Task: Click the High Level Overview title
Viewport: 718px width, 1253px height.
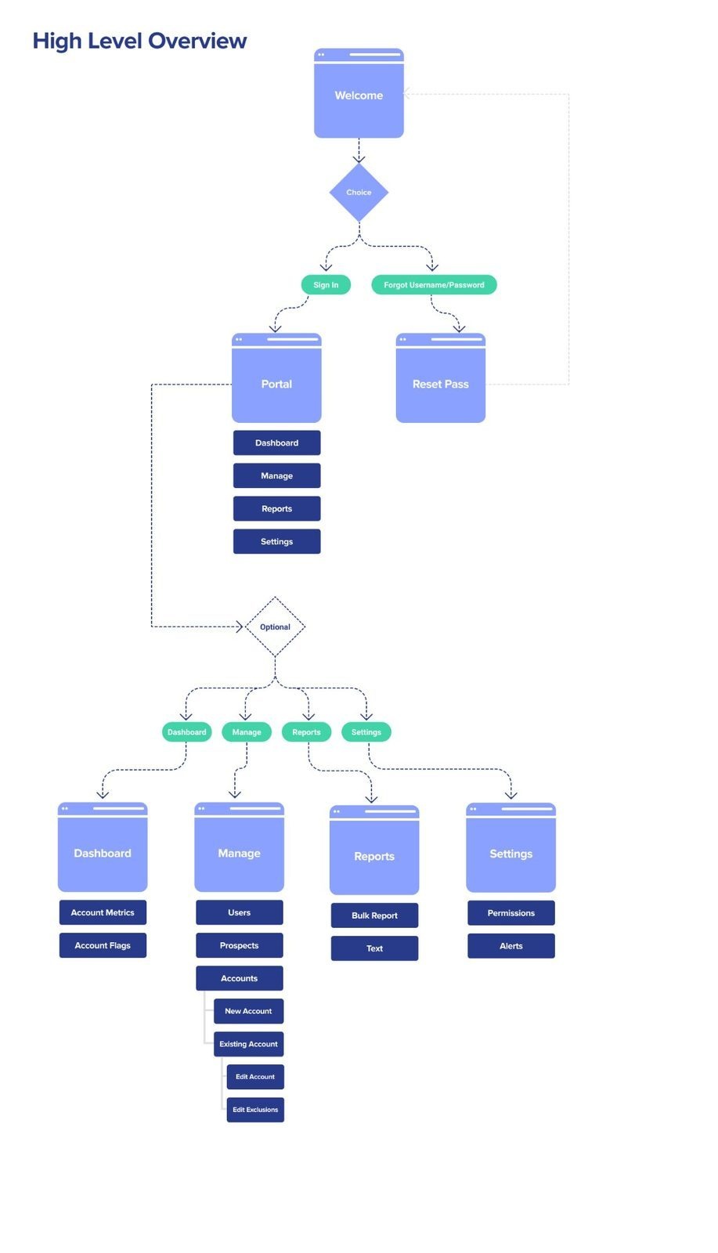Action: pos(139,41)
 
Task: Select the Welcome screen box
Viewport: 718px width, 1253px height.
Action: pos(359,96)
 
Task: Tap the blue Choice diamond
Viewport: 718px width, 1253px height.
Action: pos(359,193)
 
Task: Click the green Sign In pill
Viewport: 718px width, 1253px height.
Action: pos(326,285)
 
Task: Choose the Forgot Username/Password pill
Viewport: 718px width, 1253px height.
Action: pos(434,285)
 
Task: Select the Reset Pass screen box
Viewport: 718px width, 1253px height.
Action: pos(440,384)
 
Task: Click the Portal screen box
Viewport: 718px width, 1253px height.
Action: pos(276,384)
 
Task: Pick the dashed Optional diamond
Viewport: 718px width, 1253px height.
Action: pos(275,627)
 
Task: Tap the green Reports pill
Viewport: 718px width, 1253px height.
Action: pos(306,732)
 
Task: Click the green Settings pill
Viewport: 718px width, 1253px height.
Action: pos(366,732)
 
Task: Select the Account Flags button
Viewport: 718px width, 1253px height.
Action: pos(103,945)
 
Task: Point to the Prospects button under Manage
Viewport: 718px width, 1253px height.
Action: pos(239,945)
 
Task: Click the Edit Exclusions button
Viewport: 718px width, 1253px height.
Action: pos(255,1110)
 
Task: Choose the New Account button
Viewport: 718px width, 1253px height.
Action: pos(248,1011)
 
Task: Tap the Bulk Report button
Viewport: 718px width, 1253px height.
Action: pos(374,915)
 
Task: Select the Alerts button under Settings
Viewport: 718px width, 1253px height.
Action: pos(511,946)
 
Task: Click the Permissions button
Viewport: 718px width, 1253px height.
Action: pos(511,913)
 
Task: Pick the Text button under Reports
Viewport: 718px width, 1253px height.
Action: pos(374,948)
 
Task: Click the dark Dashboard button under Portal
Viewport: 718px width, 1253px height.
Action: pos(276,442)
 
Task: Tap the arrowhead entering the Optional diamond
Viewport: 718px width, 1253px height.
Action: pos(240,626)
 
